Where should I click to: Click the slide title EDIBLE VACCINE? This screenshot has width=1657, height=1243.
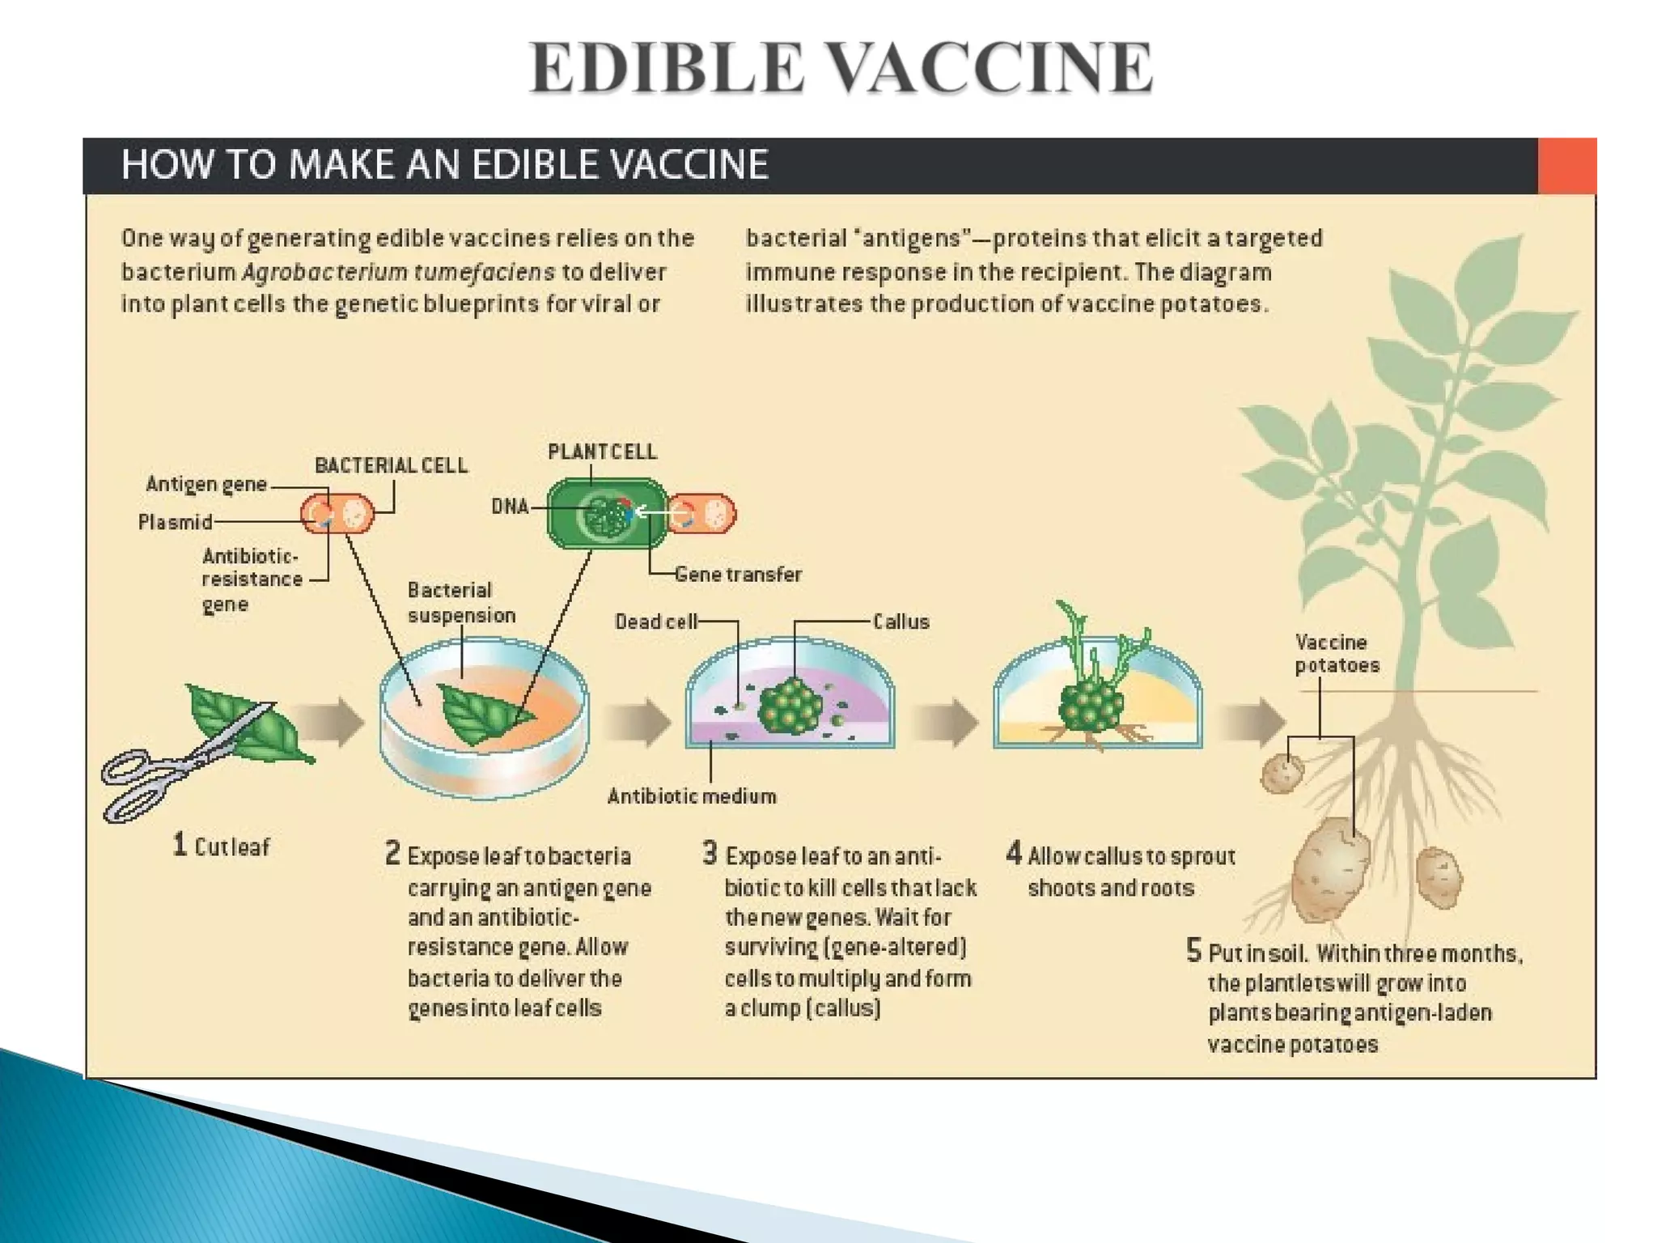pyautogui.click(x=841, y=68)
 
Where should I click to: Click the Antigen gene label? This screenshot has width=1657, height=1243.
pyautogui.click(x=206, y=484)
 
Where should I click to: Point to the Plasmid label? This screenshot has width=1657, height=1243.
pyautogui.click(x=175, y=522)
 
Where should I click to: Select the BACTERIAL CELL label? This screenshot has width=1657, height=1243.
pyautogui.click(x=391, y=465)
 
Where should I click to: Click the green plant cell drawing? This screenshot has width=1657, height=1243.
pyautogui.click(x=607, y=515)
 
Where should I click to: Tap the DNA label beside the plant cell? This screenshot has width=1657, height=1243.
pyautogui.click(x=510, y=507)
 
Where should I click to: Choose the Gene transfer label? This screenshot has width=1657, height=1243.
pyautogui.click(x=738, y=575)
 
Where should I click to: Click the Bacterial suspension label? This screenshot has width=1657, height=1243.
pyautogui.click(x=461, y=603)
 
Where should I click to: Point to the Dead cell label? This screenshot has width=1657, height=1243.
pyautogui.click(x=655, y=621)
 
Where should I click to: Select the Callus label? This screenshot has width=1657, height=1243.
pyautogui.click(x=901, y=621)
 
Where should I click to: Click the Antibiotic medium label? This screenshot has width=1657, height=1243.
pyautogui.click(x=692, y=796)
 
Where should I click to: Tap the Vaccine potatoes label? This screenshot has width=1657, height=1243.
pyautogui.click(x=1337, y=654)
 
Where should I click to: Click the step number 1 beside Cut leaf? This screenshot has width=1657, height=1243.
pyautogui.click(x=180, y=845)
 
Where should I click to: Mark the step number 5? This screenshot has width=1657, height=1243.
pyautogui.click(x=1193, y=950)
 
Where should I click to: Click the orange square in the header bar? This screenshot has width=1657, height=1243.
pyautogui.click(x=1566, y=166)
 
